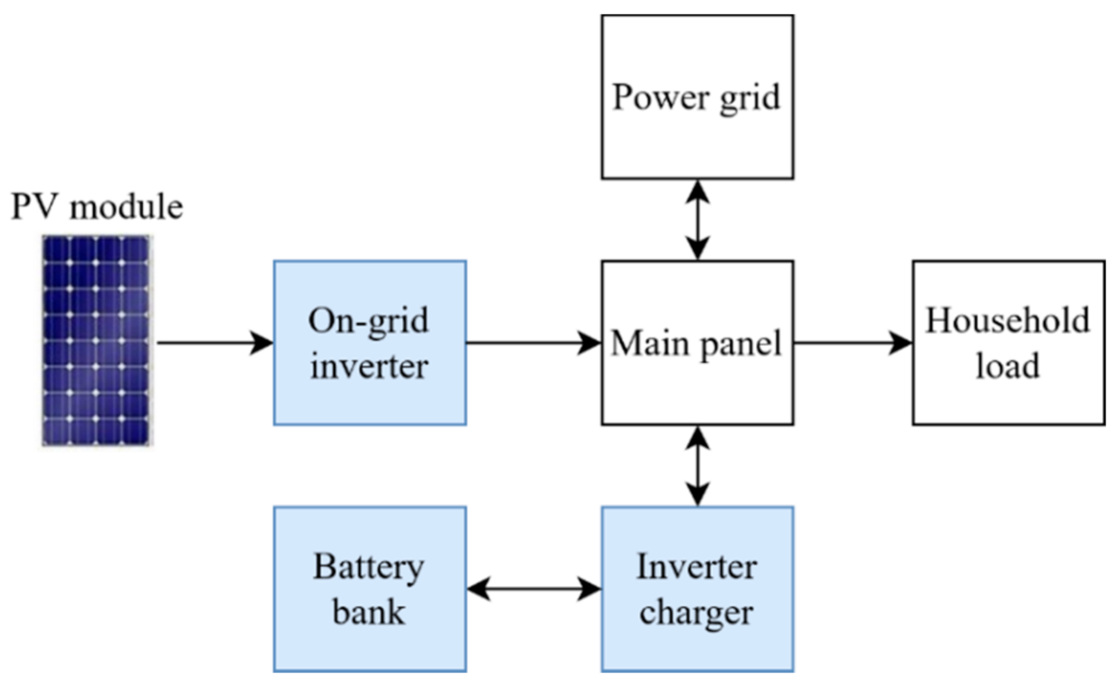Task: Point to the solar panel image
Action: click(x=96, y=340)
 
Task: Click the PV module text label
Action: click(x=97, y=207)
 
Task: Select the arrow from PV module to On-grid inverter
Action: click(x=215, y=342)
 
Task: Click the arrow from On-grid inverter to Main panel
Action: click(x=533, y=342)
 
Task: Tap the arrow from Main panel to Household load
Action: click(x=853, y=342)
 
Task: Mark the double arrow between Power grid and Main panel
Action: click(x=697, y=219)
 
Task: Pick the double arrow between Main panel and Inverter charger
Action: click(x=697, y=466)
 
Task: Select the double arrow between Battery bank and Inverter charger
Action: click(x=534, y=589)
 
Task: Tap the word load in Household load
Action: click(x=1008, y=366)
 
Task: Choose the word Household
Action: click(x=1008, y=321)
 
